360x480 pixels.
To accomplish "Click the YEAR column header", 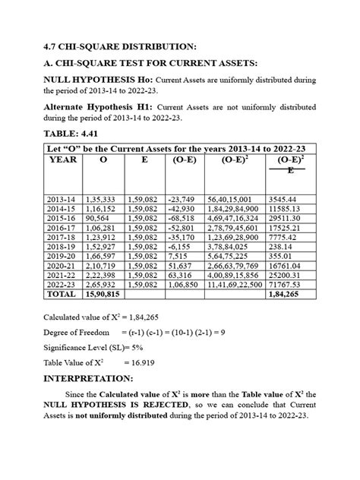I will point(62,161).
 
